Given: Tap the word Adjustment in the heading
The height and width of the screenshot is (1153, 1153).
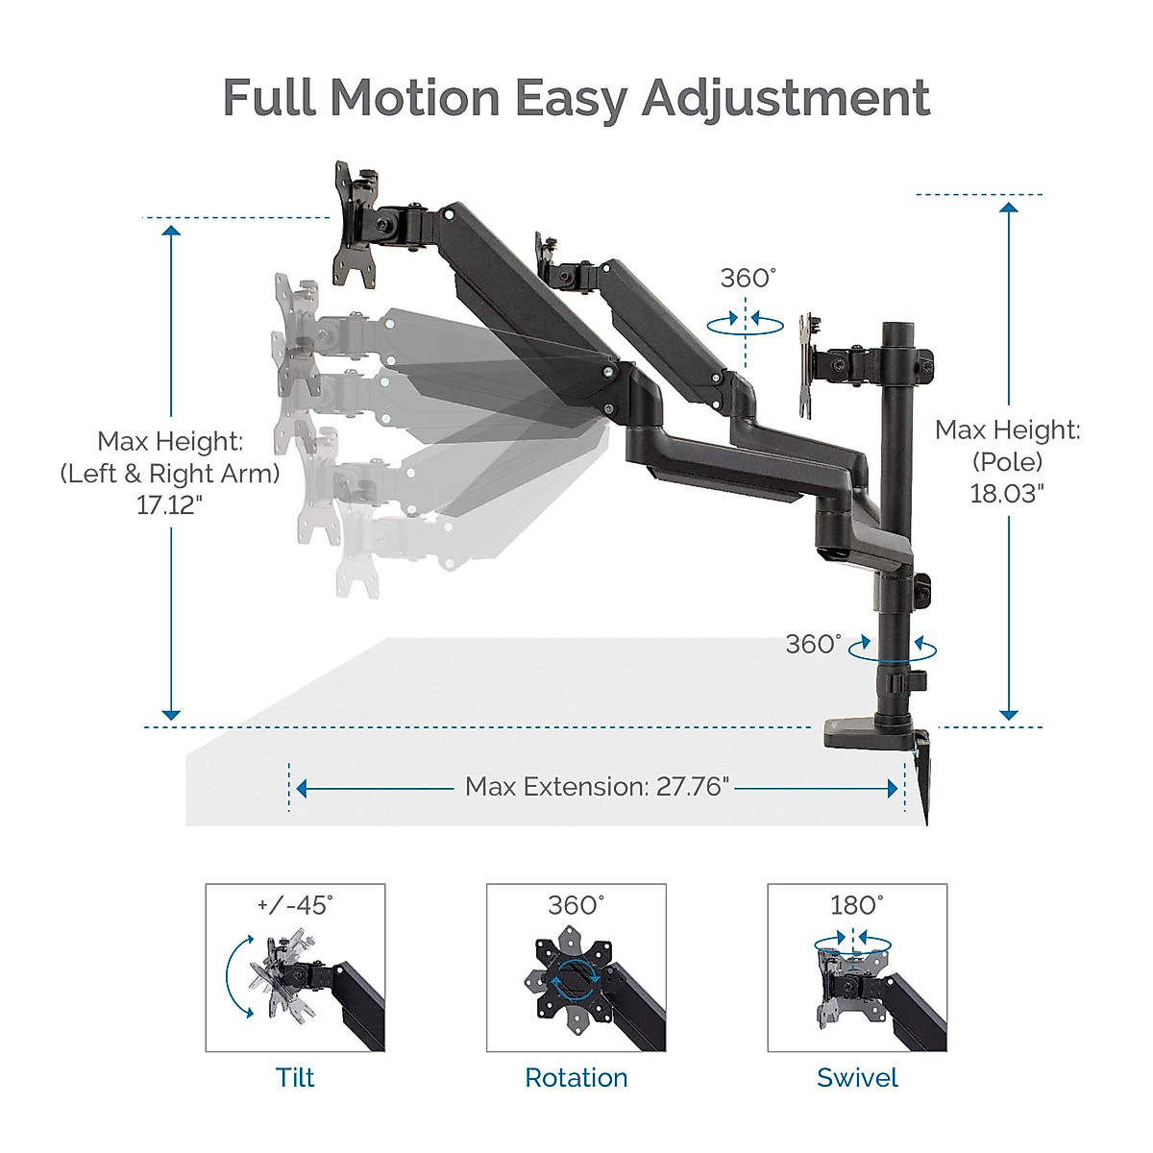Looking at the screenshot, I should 786,99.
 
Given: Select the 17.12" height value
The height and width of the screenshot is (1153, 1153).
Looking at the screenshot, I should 169,505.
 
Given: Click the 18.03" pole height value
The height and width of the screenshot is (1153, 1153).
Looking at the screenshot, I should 1007,493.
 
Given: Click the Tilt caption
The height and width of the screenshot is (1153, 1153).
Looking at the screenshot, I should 295,1078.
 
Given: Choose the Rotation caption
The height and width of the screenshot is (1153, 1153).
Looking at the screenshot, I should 576,1078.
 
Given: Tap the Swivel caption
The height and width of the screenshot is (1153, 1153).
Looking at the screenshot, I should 857,1078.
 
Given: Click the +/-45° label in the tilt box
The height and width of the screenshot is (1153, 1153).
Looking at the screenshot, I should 295,905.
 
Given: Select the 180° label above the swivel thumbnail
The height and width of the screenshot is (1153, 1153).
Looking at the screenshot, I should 857,905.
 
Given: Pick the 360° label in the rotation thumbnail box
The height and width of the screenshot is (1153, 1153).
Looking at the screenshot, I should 576,905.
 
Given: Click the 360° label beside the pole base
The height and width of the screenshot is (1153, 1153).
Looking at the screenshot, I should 813,644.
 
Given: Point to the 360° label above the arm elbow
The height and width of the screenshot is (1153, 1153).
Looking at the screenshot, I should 748,279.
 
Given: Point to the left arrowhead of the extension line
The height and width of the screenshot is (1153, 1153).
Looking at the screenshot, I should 302,789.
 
